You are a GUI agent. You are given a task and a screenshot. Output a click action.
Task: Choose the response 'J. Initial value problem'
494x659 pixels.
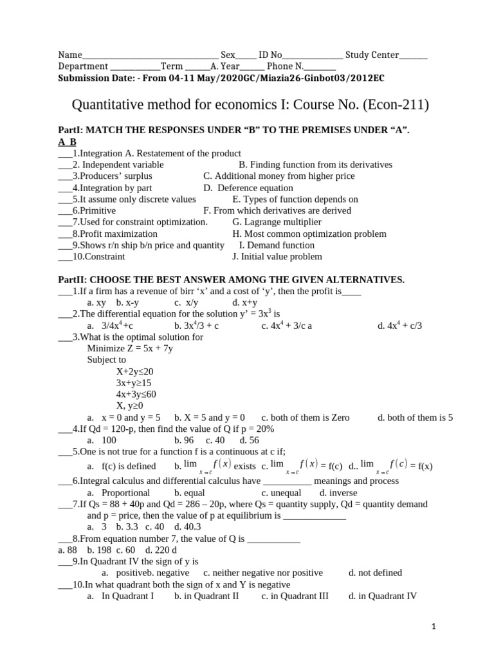[277, 257]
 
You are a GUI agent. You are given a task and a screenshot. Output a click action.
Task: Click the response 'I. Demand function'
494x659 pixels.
[277, 245]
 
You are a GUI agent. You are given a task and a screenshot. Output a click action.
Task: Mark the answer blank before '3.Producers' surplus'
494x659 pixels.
[64, 176]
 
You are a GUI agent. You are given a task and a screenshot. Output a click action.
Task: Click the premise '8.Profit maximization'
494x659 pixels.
[114, 234]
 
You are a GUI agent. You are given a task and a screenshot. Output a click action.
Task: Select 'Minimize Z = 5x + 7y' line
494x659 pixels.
[130, 348]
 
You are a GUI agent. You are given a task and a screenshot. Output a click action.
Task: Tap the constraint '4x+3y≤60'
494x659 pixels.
[136, 394]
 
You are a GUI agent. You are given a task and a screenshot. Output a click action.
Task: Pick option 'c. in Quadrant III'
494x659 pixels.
[295, 596]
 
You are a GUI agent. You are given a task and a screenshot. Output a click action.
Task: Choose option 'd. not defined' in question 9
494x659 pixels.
[375, 573]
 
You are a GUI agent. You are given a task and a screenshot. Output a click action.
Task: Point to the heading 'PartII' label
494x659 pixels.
[72, 280]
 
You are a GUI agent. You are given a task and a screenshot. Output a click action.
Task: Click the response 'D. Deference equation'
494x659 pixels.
[248, 188]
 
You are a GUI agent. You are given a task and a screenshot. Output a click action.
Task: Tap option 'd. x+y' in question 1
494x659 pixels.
[245, 302]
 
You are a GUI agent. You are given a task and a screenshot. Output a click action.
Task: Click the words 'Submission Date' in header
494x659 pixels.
[93, 77]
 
